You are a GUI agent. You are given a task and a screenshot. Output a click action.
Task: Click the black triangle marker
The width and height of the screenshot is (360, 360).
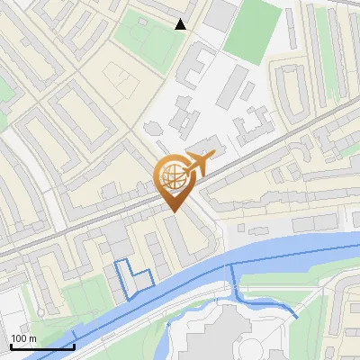pos(181,24)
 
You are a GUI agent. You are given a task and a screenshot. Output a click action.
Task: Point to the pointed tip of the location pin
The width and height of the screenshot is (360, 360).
pos(173,211)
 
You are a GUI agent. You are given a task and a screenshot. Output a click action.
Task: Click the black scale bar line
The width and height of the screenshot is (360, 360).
pos(41,346)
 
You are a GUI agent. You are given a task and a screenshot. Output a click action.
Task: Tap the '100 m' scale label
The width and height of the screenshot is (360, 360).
pos(24,338)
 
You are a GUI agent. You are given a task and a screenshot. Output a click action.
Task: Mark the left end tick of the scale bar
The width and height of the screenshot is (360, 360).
pos(11,346)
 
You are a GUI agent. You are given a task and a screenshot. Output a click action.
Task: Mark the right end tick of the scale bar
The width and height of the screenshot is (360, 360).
pos(74,346)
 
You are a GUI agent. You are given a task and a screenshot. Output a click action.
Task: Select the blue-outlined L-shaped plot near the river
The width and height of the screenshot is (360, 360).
pos(130,279)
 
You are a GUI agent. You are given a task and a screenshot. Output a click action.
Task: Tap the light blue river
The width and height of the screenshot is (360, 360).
pos(270,247)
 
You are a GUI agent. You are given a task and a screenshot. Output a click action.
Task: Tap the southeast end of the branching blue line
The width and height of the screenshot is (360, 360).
pos(297,317)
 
